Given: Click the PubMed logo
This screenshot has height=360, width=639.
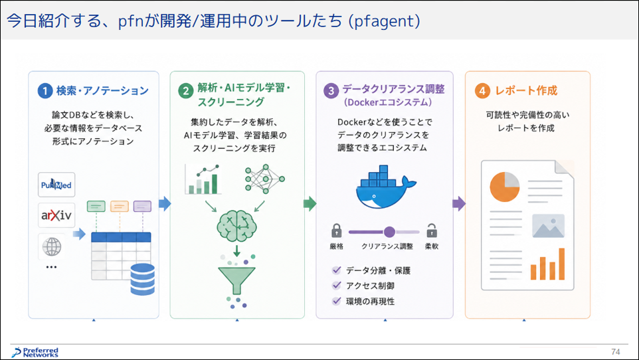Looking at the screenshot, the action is (x=56, y=185).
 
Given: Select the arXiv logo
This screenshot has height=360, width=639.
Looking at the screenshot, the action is (x=56, y=215).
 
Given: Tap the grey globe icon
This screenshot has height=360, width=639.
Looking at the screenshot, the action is (x=52, y=246).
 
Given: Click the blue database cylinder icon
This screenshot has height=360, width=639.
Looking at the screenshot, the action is (x=143, y=279).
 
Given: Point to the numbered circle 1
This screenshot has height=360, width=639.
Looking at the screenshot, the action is (x=45, y=90).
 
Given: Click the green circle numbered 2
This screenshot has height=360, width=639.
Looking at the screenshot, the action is (x=186, y=91).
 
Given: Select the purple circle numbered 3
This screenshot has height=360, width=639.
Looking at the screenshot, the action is (x=331, y=90).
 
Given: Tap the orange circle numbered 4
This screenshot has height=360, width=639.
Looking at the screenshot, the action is (x=482, y=90).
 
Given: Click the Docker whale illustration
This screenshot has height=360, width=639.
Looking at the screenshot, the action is (x=385, y=187).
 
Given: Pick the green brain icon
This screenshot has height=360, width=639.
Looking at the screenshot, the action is (x=236, y=226).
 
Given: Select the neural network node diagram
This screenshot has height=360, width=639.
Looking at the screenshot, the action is (x=265, y=179).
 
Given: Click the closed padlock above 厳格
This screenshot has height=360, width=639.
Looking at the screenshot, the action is (x=337, y=230).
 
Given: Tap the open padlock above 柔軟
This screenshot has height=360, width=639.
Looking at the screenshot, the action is (x=432, y=230).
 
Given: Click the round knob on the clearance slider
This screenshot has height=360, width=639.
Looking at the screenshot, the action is (x=389, y=232).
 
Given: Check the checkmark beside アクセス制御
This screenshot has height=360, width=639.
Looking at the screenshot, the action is (x=337, y=286).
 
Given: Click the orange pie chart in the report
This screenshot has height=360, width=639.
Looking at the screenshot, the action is (x=505, y=187).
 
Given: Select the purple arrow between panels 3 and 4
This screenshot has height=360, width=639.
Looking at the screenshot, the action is (x=459, y=203).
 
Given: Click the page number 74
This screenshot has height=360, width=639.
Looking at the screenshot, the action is (x=615, y=352).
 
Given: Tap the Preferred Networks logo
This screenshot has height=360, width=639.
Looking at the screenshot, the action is (x=35, y=353).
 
